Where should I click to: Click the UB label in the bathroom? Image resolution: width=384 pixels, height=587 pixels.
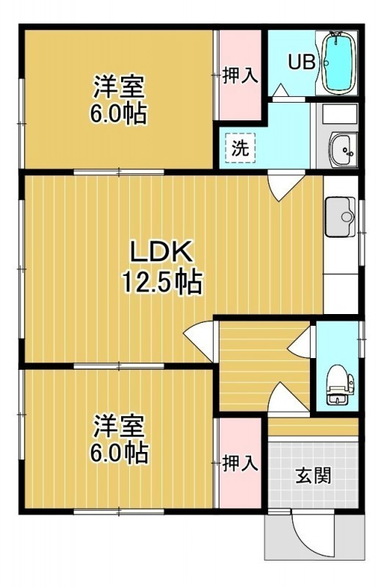click(x=301, y=62)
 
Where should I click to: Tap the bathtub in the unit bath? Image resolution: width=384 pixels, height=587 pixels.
click(x=338, y=63)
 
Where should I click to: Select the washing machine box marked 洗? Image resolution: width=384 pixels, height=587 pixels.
click(x=240, y=148)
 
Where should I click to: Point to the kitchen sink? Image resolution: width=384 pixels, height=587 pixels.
click(x=340, y=217)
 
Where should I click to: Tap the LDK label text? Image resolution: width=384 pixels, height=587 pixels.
click(x=161, y=252)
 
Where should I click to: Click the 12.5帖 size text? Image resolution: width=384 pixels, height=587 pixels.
click(x=162, y=282)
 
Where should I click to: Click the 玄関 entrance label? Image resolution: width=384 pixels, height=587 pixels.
click(x=314, y=475)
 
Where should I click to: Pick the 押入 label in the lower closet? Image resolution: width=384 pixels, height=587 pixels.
click(x=240, y=464)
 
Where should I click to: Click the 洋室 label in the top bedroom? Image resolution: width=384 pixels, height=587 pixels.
click(x=119, y=87)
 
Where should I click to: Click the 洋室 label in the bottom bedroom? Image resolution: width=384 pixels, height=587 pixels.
click(x=119, y=426)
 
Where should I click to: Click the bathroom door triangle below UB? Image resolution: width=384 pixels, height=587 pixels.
click(x=280, y=90)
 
